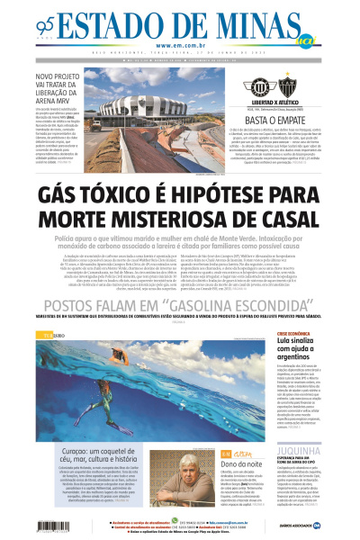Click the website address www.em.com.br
tap(180, 46)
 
